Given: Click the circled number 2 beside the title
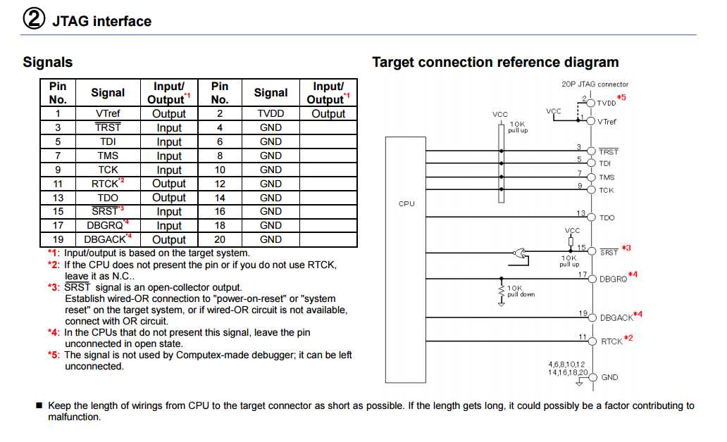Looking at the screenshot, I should [34, 20].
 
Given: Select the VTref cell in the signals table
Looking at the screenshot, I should [108, 114].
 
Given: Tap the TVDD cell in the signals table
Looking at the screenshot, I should [271, 114].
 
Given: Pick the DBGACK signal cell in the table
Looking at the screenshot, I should [108, 239].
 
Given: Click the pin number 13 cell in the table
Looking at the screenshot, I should [58, 198].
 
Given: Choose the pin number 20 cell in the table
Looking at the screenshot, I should [220, 239].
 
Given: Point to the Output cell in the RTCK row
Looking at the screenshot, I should [169, 184].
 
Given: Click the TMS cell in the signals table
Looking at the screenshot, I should [108, 156].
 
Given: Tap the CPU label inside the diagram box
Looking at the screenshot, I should [406, 204].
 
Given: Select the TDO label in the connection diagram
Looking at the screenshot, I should [607, 218].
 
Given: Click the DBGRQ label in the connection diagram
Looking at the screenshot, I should [613, 279].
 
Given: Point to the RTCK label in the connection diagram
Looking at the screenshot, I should [611, 341].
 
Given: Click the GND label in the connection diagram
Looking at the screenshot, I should [609, 378].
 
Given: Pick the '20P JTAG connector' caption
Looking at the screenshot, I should [595, 84].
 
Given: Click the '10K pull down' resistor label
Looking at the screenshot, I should [521, 291].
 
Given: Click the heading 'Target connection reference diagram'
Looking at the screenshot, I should [495, 62].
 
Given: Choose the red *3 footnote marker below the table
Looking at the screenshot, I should [53, 287].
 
